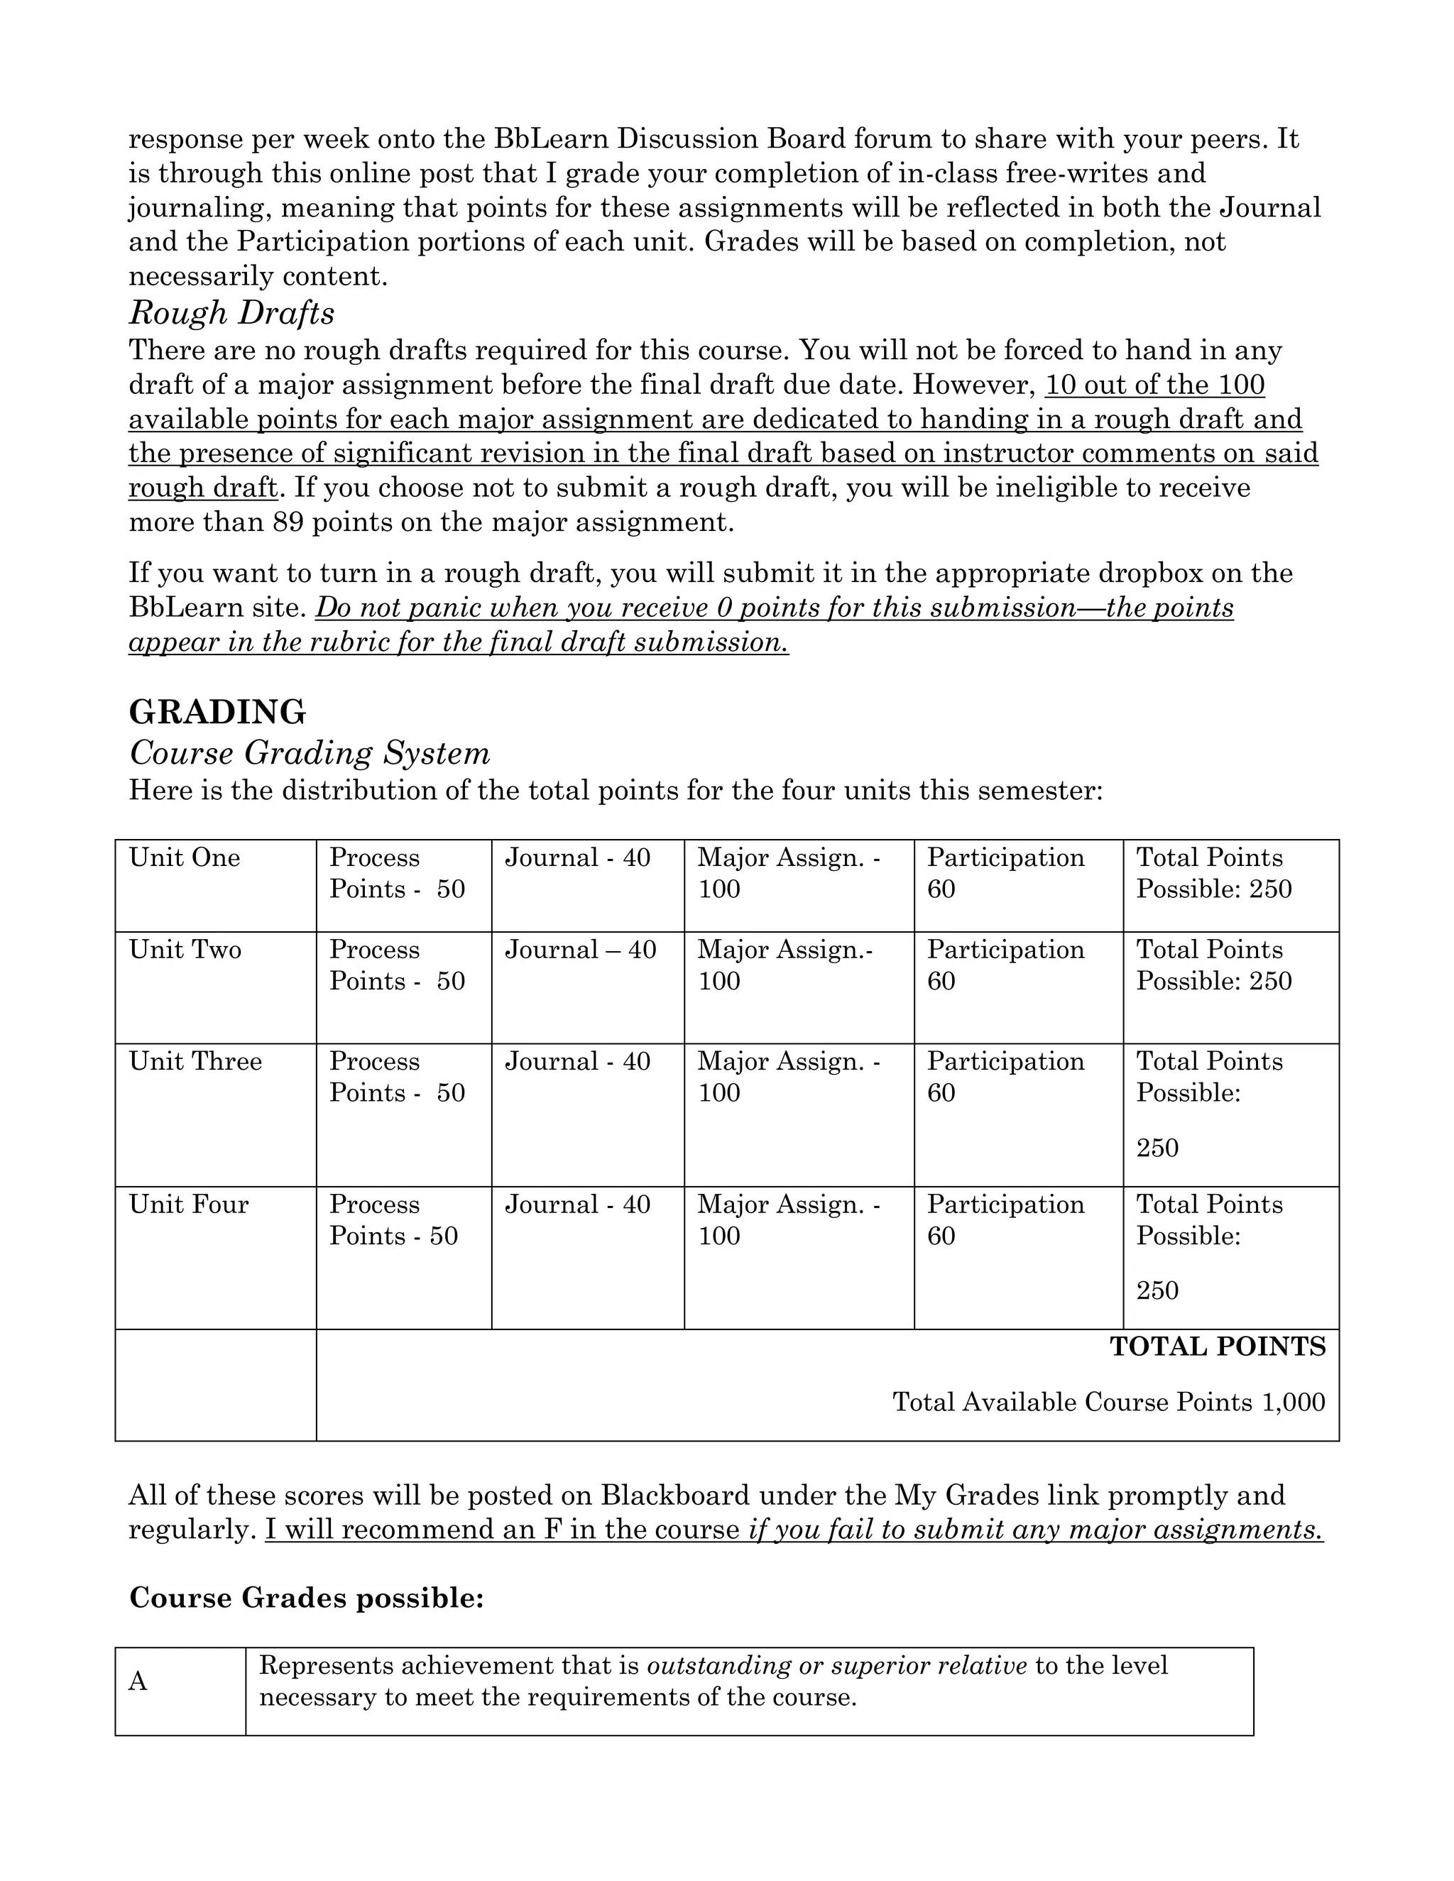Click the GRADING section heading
click(x=217, y=712)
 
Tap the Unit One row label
click(x=185, y=858)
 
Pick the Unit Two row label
click(x=185, y=950)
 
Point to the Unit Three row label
click(x=195, y=1061)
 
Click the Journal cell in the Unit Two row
click(x=580, y=950)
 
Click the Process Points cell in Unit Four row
click(x=393, y=1219)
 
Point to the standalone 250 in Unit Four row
click(x=1157, y=1290)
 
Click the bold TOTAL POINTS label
click(x=1217, y=1347)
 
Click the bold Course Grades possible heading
click(x=307, y=1598)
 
